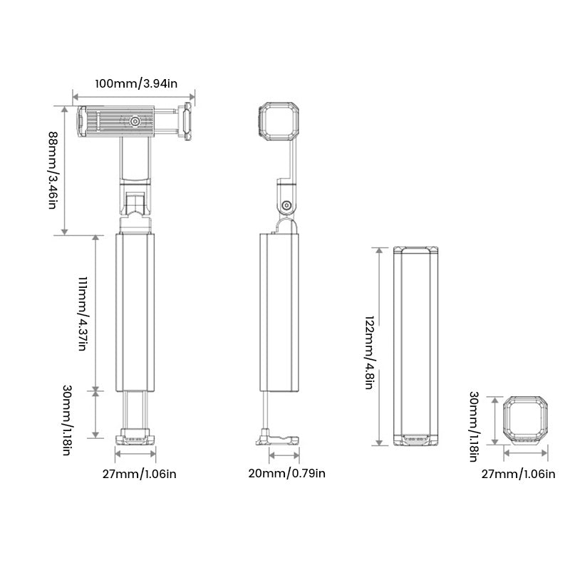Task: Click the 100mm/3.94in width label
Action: click(x=135, y=83)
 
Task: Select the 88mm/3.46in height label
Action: click(x=52, y=170)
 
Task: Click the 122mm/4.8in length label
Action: click(x=368, y=345)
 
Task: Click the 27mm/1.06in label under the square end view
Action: click(x=519, y=474)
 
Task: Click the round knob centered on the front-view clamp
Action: click(x=135, y=122)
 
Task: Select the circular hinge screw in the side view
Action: click(x=286, y=206)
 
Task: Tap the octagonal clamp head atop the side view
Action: click(x=277, y=121)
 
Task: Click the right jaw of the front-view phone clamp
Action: click(x=186, y=121)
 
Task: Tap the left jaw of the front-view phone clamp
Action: click(x=83, y=121)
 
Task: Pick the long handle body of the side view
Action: click(x=279, y=313)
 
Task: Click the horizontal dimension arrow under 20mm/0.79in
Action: click(x=283, y=451)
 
